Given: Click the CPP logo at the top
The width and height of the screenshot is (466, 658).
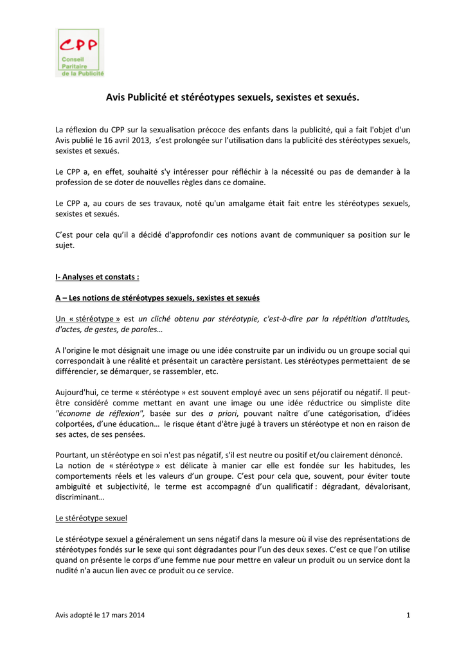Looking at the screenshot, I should (80, 53).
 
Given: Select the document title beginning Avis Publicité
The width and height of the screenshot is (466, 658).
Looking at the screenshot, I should (233, 98).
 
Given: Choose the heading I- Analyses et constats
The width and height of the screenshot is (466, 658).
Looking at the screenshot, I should (98, 277).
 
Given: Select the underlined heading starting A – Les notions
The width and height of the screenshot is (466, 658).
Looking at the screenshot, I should (157, 298).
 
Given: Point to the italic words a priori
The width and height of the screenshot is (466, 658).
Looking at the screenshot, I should (220, 414).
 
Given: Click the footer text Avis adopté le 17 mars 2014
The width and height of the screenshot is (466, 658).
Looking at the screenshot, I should (100, 616).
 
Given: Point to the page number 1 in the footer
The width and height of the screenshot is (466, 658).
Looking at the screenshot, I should (408, 616).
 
